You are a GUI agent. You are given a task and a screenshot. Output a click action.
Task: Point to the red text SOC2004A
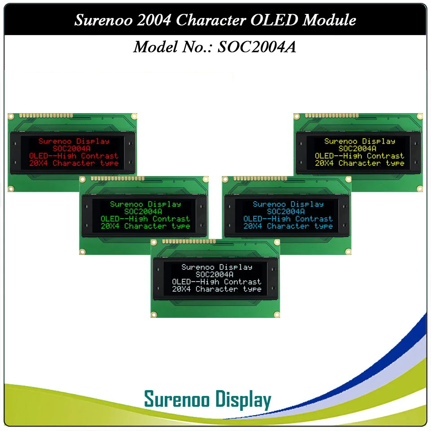tap(74, 148)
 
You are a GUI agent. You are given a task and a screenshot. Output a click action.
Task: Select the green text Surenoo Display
tap(145, 204)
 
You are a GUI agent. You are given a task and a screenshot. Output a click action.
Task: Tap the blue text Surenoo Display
tap(288, 204)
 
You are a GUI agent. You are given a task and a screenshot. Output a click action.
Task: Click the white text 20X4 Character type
tap(216, 289)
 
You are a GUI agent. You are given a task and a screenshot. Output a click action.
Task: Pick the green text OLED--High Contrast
tap(145, 219)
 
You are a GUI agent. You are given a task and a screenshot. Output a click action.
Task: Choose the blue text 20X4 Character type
tap(288, 226)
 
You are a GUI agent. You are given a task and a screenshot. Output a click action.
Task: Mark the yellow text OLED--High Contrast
tap(360, 156)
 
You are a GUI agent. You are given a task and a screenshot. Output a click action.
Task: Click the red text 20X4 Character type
tap(74, 163)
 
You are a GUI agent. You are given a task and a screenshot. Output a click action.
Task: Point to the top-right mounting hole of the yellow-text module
tap(420, 116)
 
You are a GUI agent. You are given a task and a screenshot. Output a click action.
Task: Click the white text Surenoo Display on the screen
tap(216, 267)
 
